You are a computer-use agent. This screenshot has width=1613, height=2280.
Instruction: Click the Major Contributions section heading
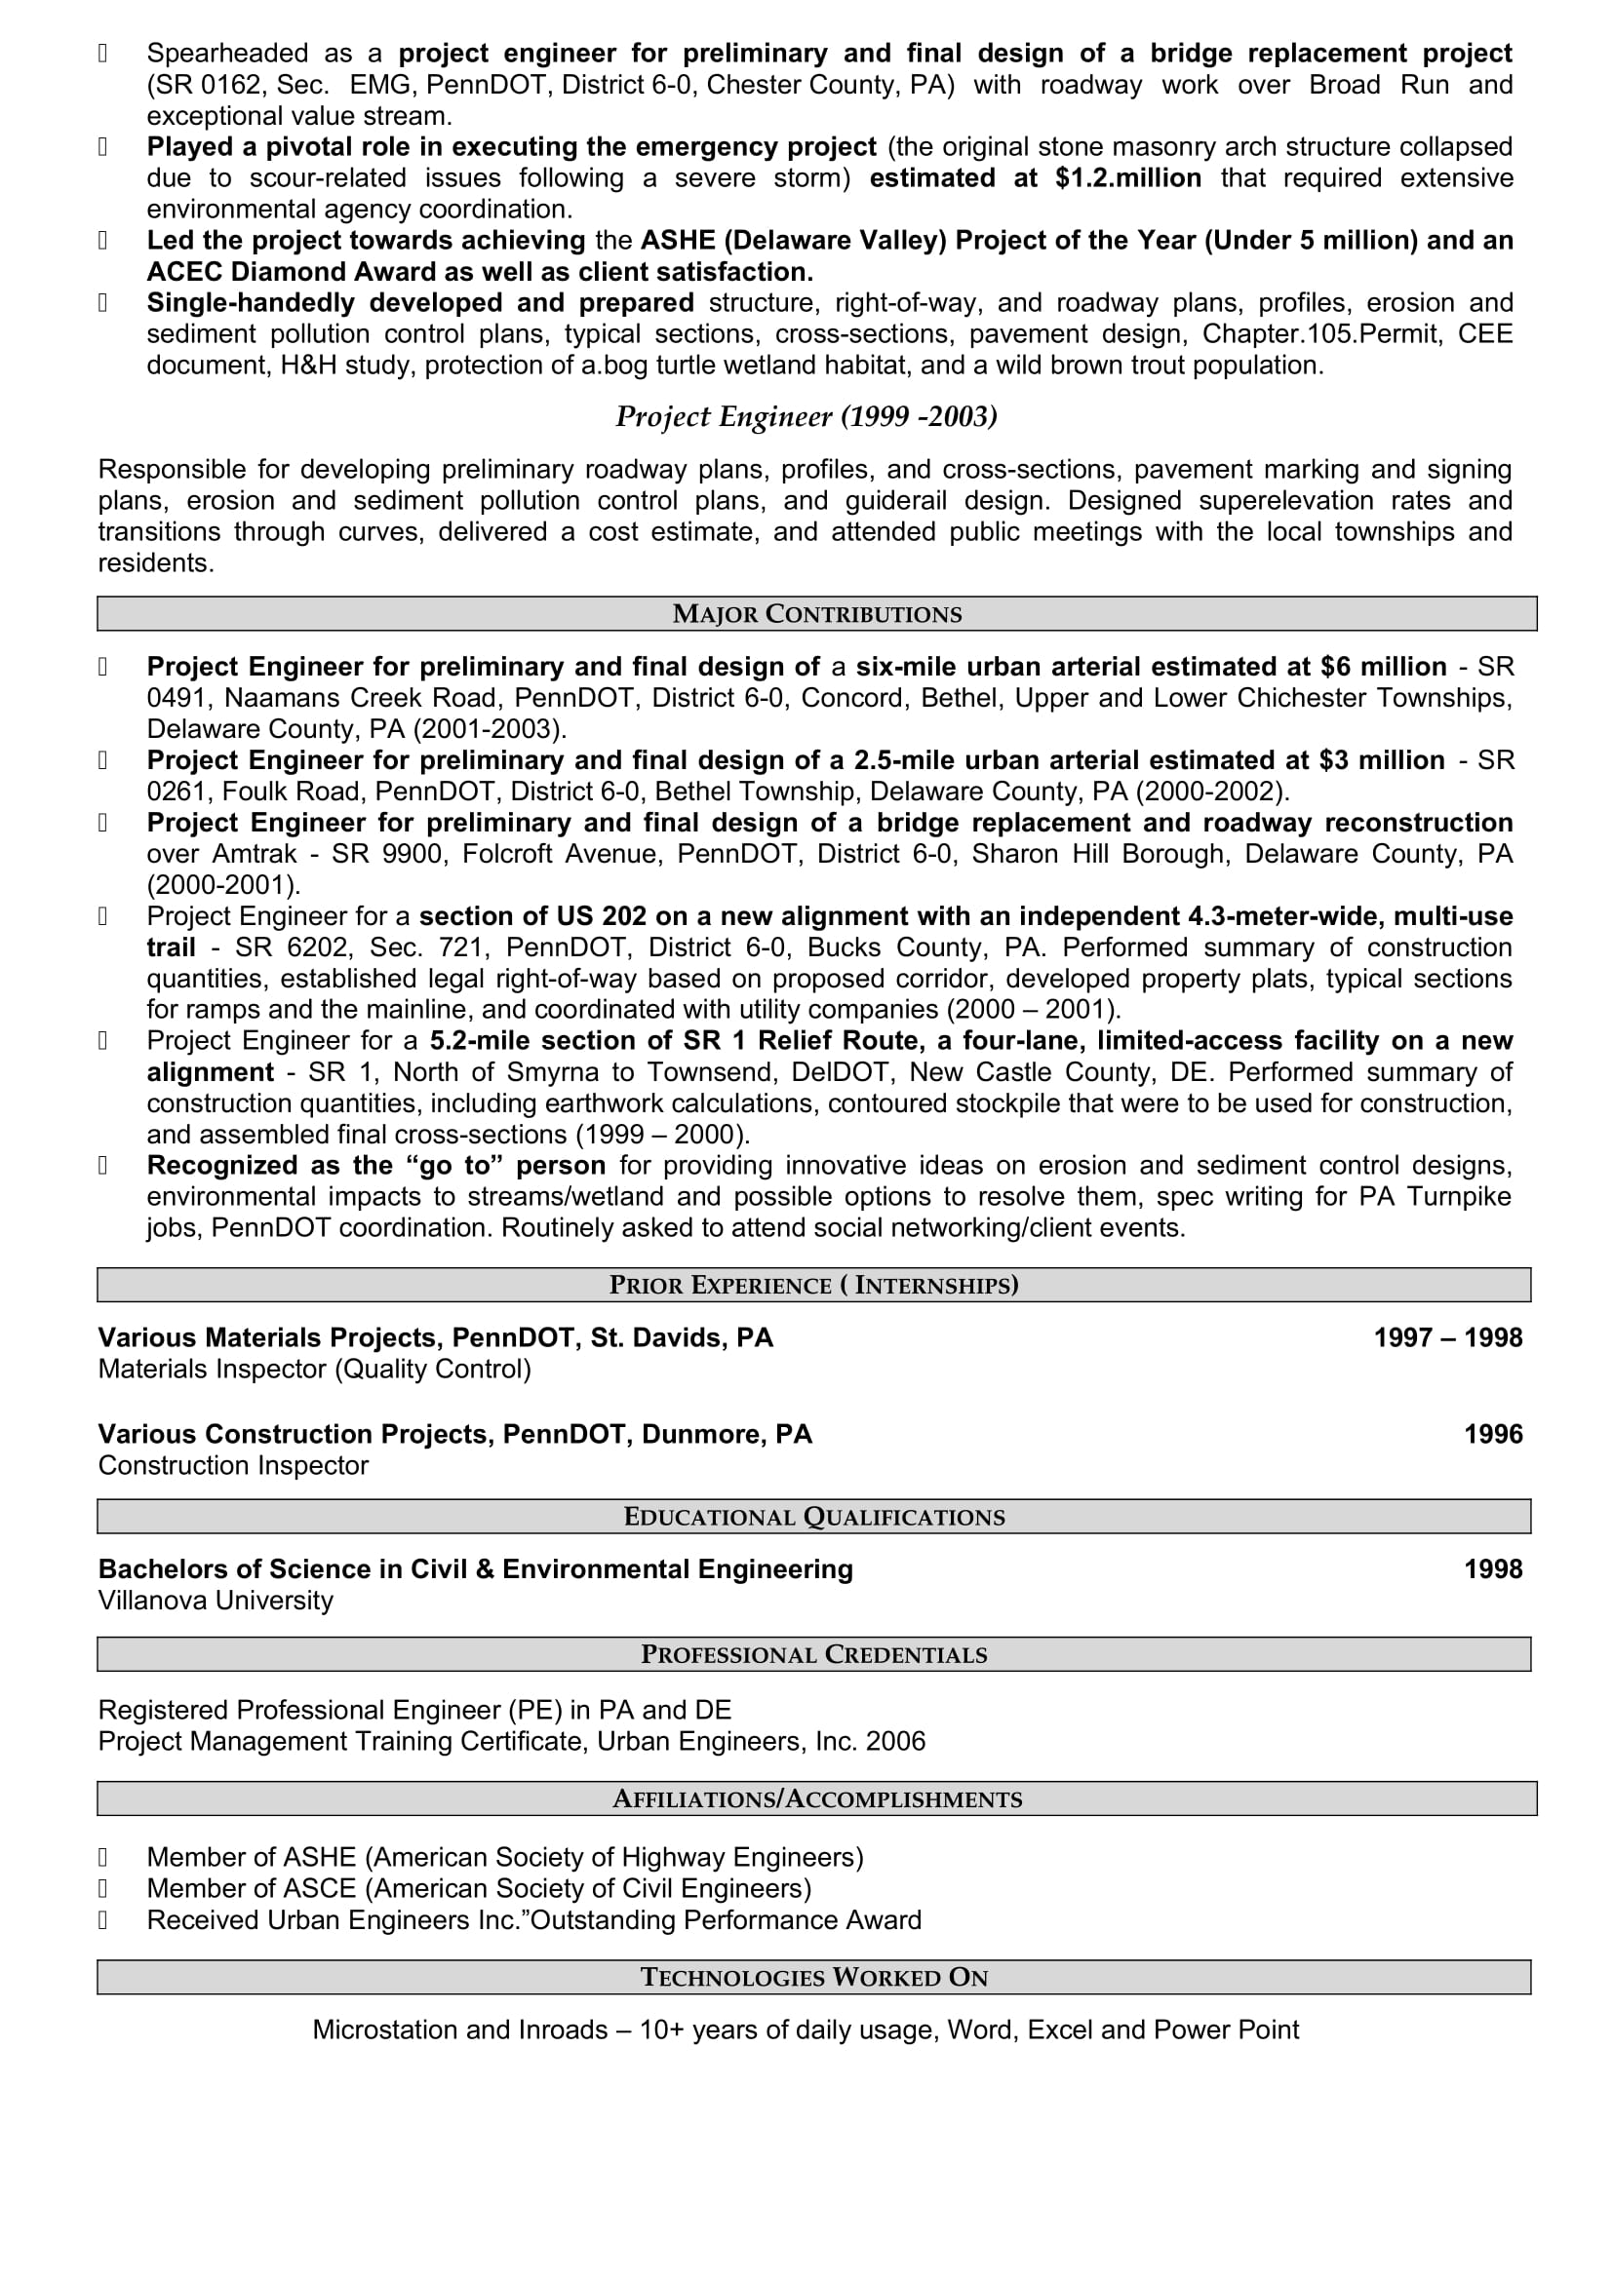816,614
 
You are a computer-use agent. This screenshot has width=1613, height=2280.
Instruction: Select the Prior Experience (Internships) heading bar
813,1285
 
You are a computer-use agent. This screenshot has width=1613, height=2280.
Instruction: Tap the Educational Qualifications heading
813,1517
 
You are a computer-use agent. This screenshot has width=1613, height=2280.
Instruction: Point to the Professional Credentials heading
813,1654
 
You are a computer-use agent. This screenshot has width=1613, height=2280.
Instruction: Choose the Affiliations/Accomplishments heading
816,1798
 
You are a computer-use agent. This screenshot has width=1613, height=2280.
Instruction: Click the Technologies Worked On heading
813,1977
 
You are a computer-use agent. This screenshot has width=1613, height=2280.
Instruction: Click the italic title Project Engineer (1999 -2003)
806,416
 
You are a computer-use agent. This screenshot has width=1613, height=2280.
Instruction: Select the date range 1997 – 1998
1447,1337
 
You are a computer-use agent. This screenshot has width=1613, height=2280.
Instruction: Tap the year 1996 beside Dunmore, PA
1493,1434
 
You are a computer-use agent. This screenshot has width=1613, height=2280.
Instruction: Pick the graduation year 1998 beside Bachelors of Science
1493,1569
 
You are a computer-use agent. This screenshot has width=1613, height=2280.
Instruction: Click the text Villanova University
216,1600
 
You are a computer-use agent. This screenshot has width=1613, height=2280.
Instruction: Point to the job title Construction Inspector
232,1465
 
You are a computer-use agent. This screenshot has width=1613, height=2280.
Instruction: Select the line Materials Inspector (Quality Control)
314,1369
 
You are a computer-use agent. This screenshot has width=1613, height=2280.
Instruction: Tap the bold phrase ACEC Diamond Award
291,271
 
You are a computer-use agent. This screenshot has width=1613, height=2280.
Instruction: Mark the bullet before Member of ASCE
102,1889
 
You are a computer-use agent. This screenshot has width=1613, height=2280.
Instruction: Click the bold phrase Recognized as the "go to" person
375,1165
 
